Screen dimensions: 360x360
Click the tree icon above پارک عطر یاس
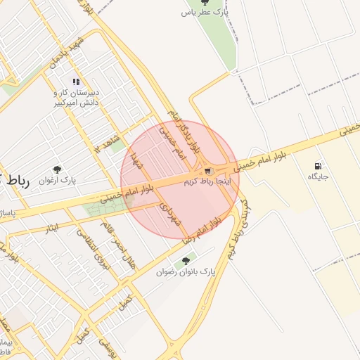pos(205,2)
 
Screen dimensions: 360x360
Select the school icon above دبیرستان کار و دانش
pos(76,82)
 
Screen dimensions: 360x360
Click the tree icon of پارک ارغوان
pos(57,169)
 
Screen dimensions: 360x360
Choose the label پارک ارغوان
pos(77,180)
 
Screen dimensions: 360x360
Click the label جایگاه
pos(318,177)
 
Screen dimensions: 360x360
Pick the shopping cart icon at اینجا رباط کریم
pos(207,171)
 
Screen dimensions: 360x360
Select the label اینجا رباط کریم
pos(207,181)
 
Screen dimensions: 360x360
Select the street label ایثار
pos(51,228)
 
